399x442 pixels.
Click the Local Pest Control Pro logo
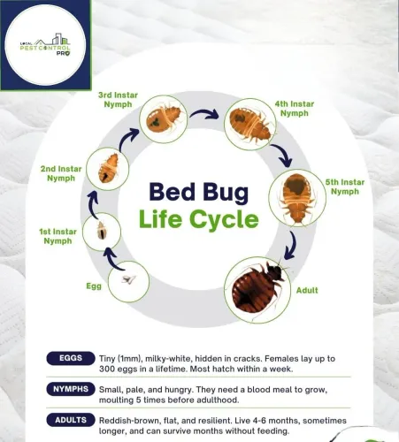pyautogui.click(x=45, y=45)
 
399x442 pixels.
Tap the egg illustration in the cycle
pyautogui.click(x=128, y=279)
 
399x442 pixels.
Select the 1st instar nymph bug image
pyautogui.click(x=102, y=231)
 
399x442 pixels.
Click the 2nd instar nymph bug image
pyautogui.click(x=108, y=168)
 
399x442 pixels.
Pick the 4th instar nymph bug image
pyautogui.click(x=250, y=124)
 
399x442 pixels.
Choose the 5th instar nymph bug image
pyautogui.click(x=297, y=198)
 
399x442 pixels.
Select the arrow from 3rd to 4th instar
pyautogui.click(x=204, y=113)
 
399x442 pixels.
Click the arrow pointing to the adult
pyautogui.click(x=291, y=246)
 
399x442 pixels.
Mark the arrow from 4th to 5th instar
pyautogui.click(x=282, y=155)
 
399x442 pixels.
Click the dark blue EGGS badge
pyautogui.click(x=71, y=358)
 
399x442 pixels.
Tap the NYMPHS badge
pyautogui.click(x=71, y=389)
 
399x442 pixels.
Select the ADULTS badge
pyautogui.click(x=71, y=420)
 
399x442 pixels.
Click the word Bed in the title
pyautogui.click(x=173, y=192)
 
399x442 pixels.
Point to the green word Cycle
pyautogui.click(x=224, y=219)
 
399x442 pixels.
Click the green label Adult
pyautogui.click(x=307, y=290)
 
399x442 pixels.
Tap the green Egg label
pyautogui.click(x=94, y=286)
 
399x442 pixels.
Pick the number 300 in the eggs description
pyautogui.click(x=106, y=369)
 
